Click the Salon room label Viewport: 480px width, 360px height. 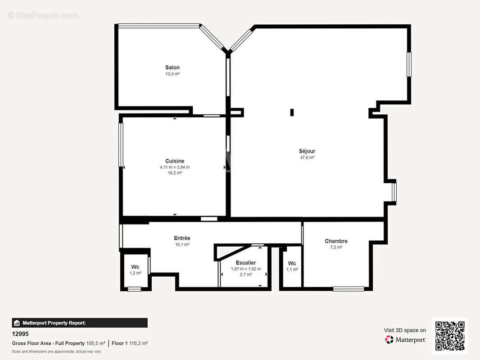172,67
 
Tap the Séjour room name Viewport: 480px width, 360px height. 307,151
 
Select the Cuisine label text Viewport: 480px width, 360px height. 175,161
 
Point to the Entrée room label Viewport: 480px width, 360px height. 182,238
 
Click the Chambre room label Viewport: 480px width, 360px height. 336,241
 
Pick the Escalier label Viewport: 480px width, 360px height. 246,263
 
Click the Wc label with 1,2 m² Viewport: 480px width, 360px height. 135,267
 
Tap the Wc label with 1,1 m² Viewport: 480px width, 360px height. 292,263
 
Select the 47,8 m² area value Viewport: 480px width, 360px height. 307,157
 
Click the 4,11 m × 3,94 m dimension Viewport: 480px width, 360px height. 175,167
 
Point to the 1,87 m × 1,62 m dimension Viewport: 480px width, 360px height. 246,269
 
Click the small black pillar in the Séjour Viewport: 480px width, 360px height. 292,112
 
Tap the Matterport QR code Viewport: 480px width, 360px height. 450,336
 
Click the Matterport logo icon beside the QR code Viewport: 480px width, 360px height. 389,339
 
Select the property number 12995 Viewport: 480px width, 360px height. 20,334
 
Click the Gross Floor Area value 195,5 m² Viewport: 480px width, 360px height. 96,343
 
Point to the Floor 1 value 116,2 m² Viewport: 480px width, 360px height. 138,343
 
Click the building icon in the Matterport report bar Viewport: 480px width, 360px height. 17,323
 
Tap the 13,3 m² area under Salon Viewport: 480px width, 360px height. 172,74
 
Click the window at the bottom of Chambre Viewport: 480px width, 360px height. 349,289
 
